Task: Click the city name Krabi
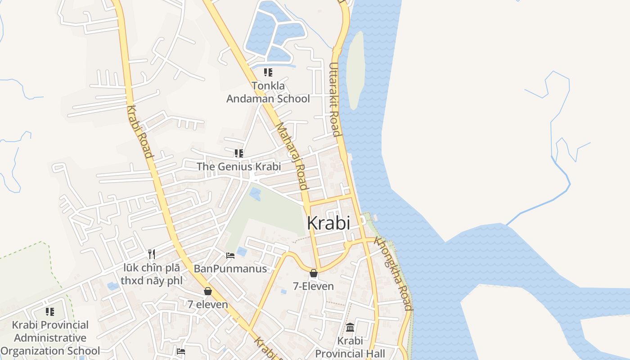(x=328, y=223)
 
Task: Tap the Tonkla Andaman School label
(x=268, y=92)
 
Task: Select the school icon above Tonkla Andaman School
(x=268, y=72)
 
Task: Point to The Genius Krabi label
(x=238, y=166)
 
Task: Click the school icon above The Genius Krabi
(x=238, y=153)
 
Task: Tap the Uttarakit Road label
(x=334, y=99)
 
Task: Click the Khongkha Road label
(x=394, y=274)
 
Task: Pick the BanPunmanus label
(x=230, y=269)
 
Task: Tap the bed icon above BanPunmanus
(x=230, y=256)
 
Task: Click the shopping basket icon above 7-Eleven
(x=314, y=273)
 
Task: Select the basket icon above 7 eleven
(x=208, y=291)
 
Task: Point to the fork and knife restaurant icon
(x=152, y=254)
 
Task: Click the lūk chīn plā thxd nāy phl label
(x=152, y=274)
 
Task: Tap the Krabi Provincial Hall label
(x=350, y=347)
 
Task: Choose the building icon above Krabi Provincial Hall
(x=350, y=327)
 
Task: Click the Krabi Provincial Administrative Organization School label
(x=50, y=337)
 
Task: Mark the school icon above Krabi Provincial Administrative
(x=50, y=311)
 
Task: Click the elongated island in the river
(x=355, y=70)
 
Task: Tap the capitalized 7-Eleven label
(x=314, y=286)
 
